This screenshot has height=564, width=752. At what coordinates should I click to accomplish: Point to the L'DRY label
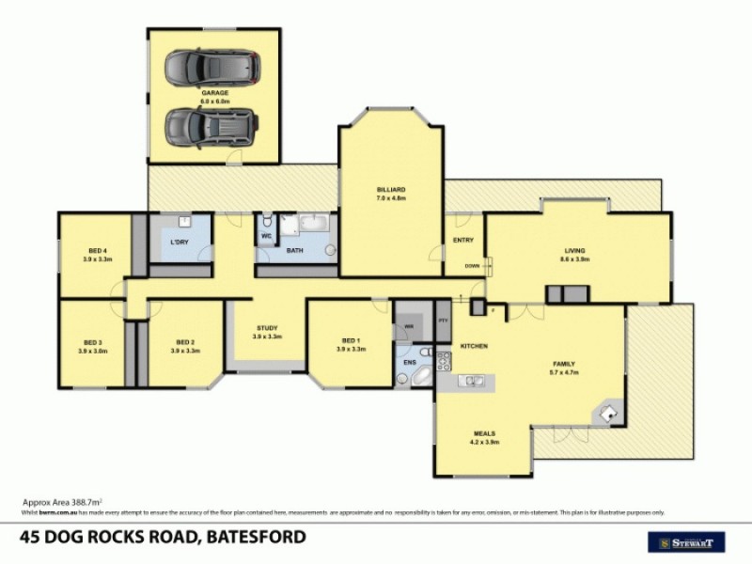180,243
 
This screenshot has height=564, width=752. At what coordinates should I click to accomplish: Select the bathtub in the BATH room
309,225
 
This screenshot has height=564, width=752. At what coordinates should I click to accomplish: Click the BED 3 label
92,342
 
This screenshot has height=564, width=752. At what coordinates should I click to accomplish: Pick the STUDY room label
265,328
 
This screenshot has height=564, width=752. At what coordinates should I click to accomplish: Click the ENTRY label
463,241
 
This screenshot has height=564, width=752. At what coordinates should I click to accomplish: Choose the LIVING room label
574,250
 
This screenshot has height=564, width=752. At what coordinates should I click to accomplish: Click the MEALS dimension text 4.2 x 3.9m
485,442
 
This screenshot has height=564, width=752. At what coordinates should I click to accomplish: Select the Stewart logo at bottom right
687,541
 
